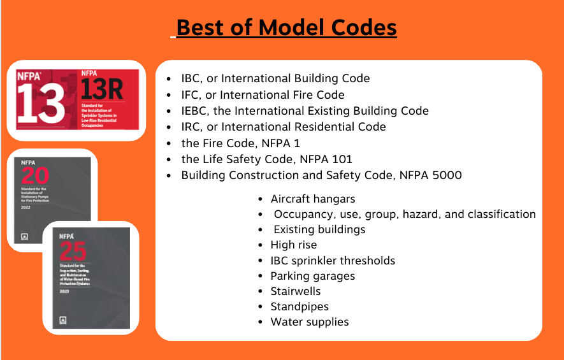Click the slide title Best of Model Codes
coord(286,28)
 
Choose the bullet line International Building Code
coord(275,78)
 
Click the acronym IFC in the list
coord(192,95)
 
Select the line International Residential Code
coord(284,127)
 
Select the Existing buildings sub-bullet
coord(319,229)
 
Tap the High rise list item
coord(294,245)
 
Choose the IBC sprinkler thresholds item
coord(333,261)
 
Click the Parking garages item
coord(313,276)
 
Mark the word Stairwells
coord(296,291)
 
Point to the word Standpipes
coord(300,306)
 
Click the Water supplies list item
coord(310,322)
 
